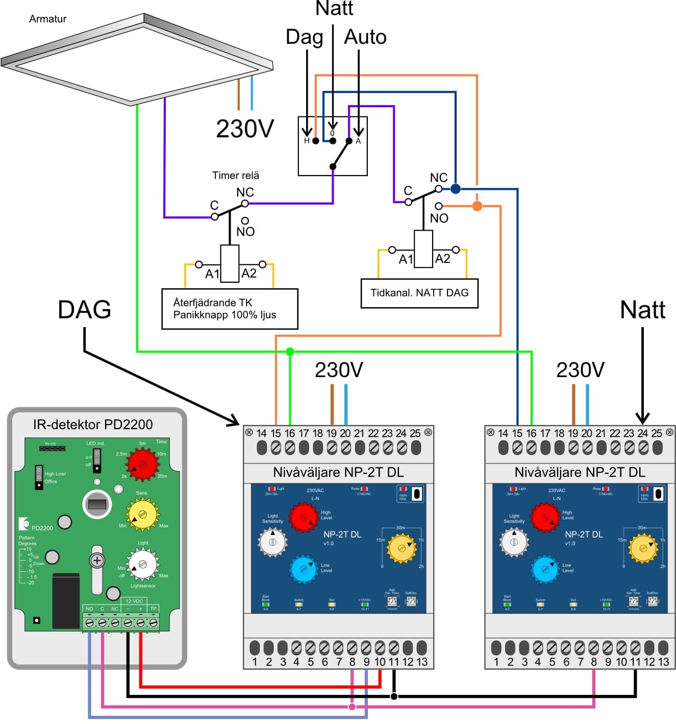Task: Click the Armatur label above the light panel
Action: [47, 19]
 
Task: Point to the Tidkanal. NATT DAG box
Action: [419, 293]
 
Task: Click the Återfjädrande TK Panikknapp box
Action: [230, 309]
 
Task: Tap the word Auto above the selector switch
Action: [365, 37]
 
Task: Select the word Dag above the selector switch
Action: [304, 37]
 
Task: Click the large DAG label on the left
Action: [85, 310]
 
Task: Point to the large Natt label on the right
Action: [642, 310]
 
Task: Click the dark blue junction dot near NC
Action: [456, 189]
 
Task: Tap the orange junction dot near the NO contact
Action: [477, 206]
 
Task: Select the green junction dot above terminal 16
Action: [290, 352]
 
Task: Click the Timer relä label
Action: [236, 176]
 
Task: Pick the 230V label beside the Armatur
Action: [245, 129]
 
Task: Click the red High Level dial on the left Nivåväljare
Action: [304, 517]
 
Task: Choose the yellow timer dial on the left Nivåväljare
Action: [402, 548]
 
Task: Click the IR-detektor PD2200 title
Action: [93, 425]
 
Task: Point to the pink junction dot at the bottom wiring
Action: [352, 707]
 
